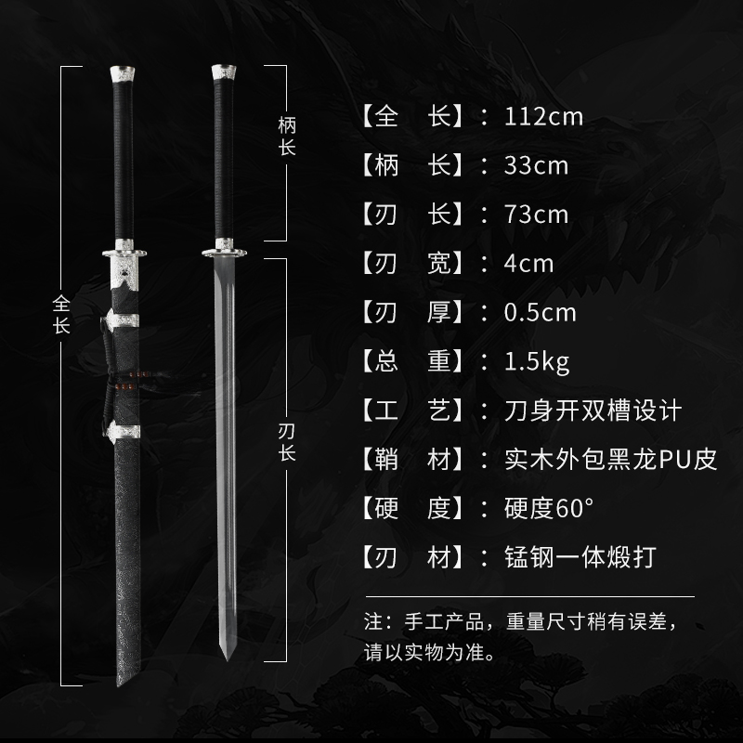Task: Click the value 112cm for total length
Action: [544, 117]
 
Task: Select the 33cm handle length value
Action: [536, 166]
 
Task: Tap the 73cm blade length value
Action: [536, 215]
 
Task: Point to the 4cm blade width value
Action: [528, 263]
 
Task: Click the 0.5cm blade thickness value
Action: [540, 312]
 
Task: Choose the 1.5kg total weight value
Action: [537, 360]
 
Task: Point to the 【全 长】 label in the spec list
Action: [410, 117]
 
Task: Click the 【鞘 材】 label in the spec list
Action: [410, 459]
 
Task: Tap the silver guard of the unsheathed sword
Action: [223, 246]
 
